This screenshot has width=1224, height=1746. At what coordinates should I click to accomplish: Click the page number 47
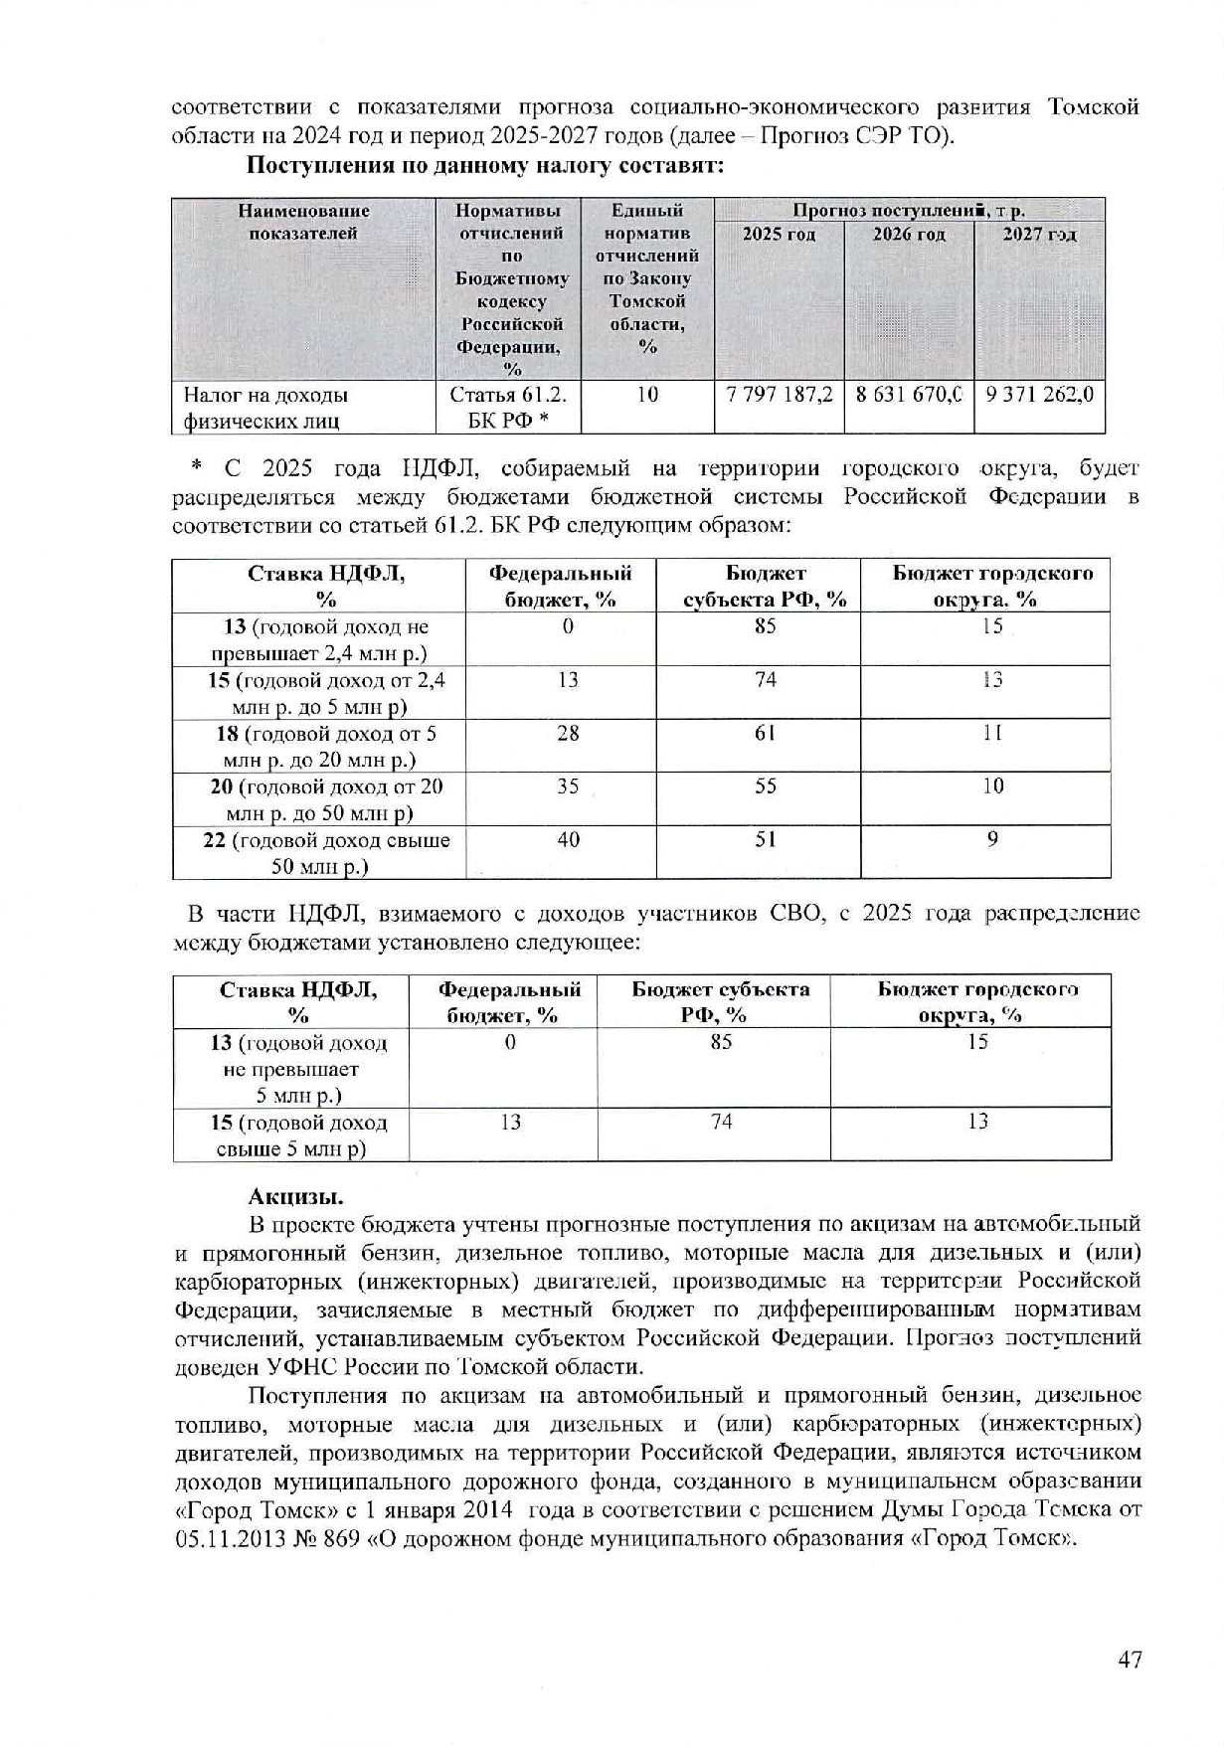pos(1130,1659)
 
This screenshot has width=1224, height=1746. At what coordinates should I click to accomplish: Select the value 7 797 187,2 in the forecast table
pos(780,395)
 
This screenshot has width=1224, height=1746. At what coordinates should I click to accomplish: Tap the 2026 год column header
pos(909,235)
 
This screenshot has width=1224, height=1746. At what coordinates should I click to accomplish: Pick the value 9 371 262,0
pos(1039,395)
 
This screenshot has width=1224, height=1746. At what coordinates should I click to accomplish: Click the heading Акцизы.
pos(295,1195)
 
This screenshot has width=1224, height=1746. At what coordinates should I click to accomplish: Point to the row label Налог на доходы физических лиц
pos(265,408)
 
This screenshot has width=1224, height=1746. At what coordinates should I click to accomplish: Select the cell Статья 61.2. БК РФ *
pos(508,408)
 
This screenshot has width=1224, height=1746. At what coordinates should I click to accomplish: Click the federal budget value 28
pos(568,734)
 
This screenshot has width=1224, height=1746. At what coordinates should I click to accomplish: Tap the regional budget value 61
pos(765,734)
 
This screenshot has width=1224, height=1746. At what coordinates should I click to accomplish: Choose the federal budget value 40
pos(568,840)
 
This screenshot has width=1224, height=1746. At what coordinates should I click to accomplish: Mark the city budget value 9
pos(992,840)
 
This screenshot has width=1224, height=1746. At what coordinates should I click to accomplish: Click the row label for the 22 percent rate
pos(326,853)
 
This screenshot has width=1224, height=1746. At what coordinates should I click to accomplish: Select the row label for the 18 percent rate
pos(326,747)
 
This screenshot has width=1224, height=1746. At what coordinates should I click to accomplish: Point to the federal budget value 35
pos(568,786)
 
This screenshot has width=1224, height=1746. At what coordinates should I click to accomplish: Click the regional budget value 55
pos(765,786)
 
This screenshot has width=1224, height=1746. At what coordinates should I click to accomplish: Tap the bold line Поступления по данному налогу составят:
pos(485,166)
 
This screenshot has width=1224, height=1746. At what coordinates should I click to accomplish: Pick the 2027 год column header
pos(1039,235)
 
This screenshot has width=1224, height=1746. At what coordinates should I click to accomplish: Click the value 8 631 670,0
pos(909,395)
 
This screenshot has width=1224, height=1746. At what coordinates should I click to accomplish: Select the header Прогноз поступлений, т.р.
pos(909,211)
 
